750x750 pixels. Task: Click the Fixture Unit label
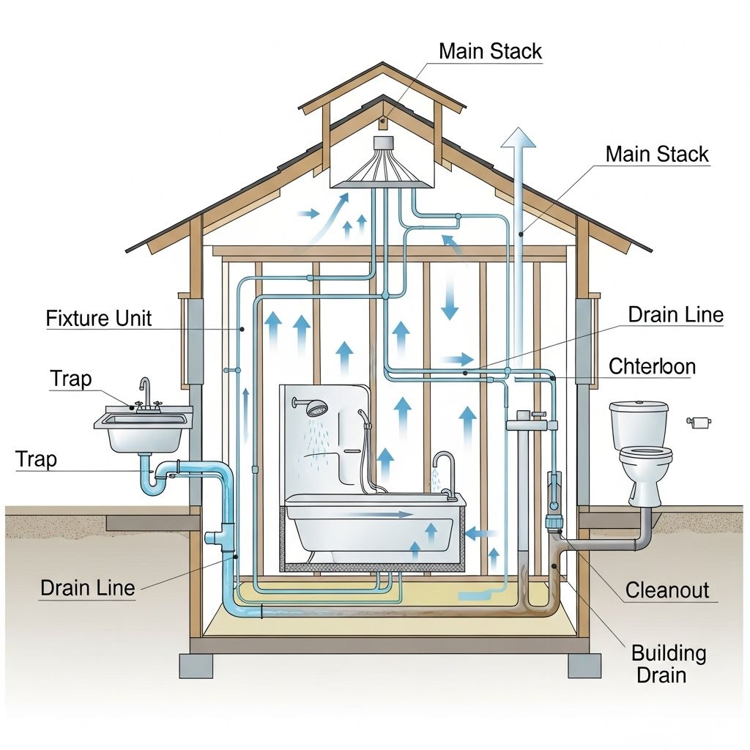point(98,319)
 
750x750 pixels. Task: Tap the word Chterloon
point(652,366)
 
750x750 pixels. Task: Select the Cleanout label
point(667,590)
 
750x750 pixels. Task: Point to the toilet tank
point(639,425)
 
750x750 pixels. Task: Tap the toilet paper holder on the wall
point(700,421)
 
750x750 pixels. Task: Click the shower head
point(316,408)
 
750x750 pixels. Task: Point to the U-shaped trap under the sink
point(155,479)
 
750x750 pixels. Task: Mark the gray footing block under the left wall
point(196,665)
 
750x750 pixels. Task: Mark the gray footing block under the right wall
point(584,665)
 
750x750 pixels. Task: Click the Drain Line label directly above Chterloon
point(675,315)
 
